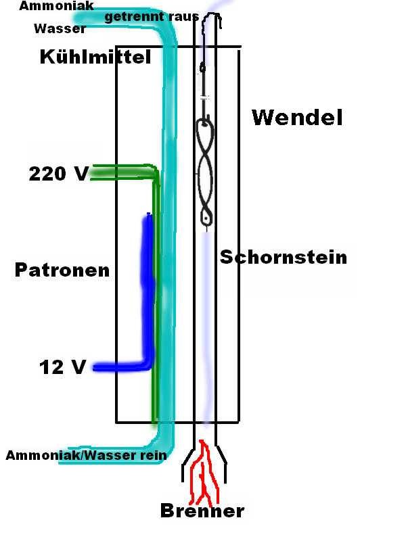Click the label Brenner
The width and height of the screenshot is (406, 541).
coord(202,511)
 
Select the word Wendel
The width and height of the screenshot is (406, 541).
coord(297,118)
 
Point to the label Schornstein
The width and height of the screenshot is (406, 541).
coord(283,257)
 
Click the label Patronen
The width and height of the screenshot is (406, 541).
coord(62,270)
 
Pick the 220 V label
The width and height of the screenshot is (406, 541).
coord(58,174)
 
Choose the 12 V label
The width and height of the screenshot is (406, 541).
coord(62,368)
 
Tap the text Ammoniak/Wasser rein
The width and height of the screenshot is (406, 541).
coord(86,455)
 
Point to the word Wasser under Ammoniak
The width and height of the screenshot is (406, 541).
coord(60,29)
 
